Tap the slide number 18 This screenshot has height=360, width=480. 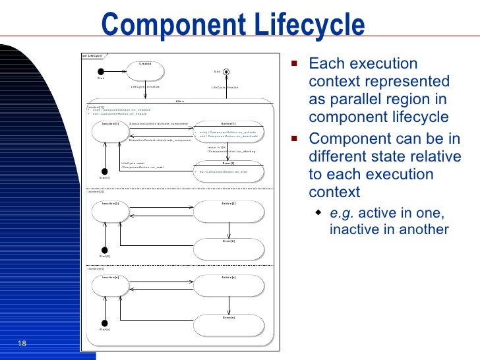pyautogui.click(x=21, y=344)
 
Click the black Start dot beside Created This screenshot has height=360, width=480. pyautogui.click(x=101, y=71)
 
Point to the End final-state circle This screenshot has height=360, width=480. pyautogui.click(x=226, y=71)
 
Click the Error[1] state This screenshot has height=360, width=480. pyautogui.click(x=229, y=171)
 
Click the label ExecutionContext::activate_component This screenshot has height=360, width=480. pyautogui.click(x=159, y=124)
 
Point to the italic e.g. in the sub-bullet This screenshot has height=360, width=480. pyautogui.click(x=340, y=212)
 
